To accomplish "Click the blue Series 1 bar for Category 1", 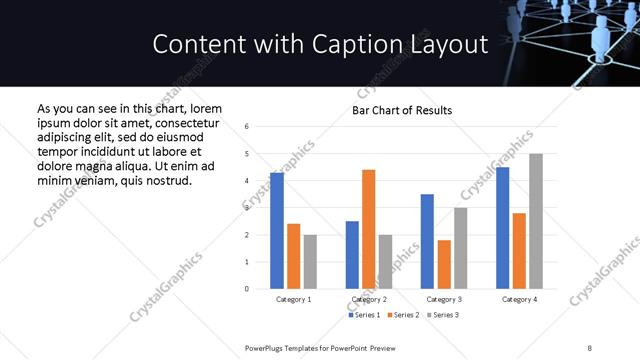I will click(x=277, y=231).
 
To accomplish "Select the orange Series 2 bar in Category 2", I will click(x=368, y=229).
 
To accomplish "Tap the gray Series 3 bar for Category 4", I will click(x=536, y=221).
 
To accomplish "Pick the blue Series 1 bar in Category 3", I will click(x=427, y=241).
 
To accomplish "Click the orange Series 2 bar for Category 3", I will click(x=444, y=264).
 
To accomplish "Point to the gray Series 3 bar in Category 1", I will click(x=310, y=262).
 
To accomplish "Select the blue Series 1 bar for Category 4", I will click(x=502, y=228).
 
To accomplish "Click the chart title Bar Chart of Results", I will click(x=402, y=110).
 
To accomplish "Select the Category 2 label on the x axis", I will click(x=369, y=299).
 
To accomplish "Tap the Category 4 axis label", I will click(x=519, y=299).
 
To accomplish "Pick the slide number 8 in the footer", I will click(x=590, y=346).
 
